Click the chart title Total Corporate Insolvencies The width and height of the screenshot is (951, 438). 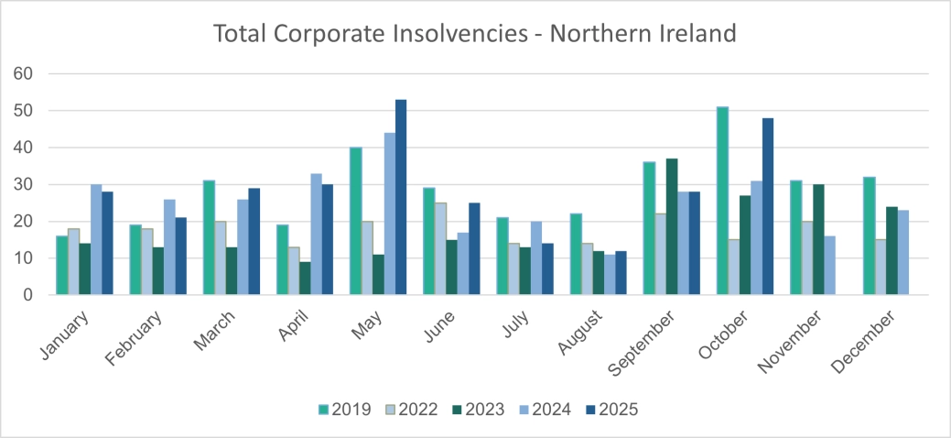point(475,34)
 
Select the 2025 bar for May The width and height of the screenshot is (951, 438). point(401,197)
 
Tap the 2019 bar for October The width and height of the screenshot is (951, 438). point(723,201)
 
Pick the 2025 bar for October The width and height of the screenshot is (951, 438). point(768,206)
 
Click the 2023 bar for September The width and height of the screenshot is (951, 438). point(672,226)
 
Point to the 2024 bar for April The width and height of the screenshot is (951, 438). point(316,234)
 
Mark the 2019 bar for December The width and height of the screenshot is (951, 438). point(868,235)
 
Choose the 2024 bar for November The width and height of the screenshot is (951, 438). point(829,266)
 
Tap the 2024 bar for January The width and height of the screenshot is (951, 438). point(96,239)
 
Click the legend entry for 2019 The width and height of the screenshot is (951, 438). point(343,409)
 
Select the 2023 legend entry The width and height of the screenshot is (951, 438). point(477,409)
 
